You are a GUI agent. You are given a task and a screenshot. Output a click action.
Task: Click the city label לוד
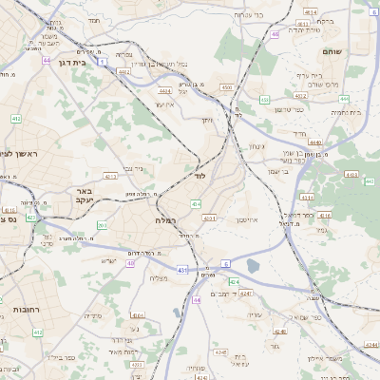(199, 177)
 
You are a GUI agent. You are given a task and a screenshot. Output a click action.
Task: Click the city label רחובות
(21, 311)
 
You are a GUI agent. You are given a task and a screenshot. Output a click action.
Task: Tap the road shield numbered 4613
(353, 175)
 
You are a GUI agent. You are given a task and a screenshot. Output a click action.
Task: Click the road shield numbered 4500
(225, 86)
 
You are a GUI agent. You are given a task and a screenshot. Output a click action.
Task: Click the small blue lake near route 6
(253, 266)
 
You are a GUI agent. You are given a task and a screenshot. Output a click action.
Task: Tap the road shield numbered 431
(181, 272)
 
